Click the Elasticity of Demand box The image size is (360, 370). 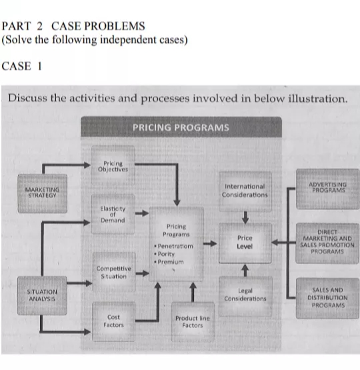click(x=113, y=214)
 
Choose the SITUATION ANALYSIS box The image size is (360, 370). click(x=42, y=295)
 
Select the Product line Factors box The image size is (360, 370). click(x=192, y=321)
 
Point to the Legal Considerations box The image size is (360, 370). click(x=245, y=294)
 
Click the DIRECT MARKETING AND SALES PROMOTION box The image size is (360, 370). click(x=327, y=243)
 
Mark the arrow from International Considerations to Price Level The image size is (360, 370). click(x=245, y=215)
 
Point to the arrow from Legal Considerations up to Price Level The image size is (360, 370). click(x=245, y=269)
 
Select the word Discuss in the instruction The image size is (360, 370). click(x=27, y=98)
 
